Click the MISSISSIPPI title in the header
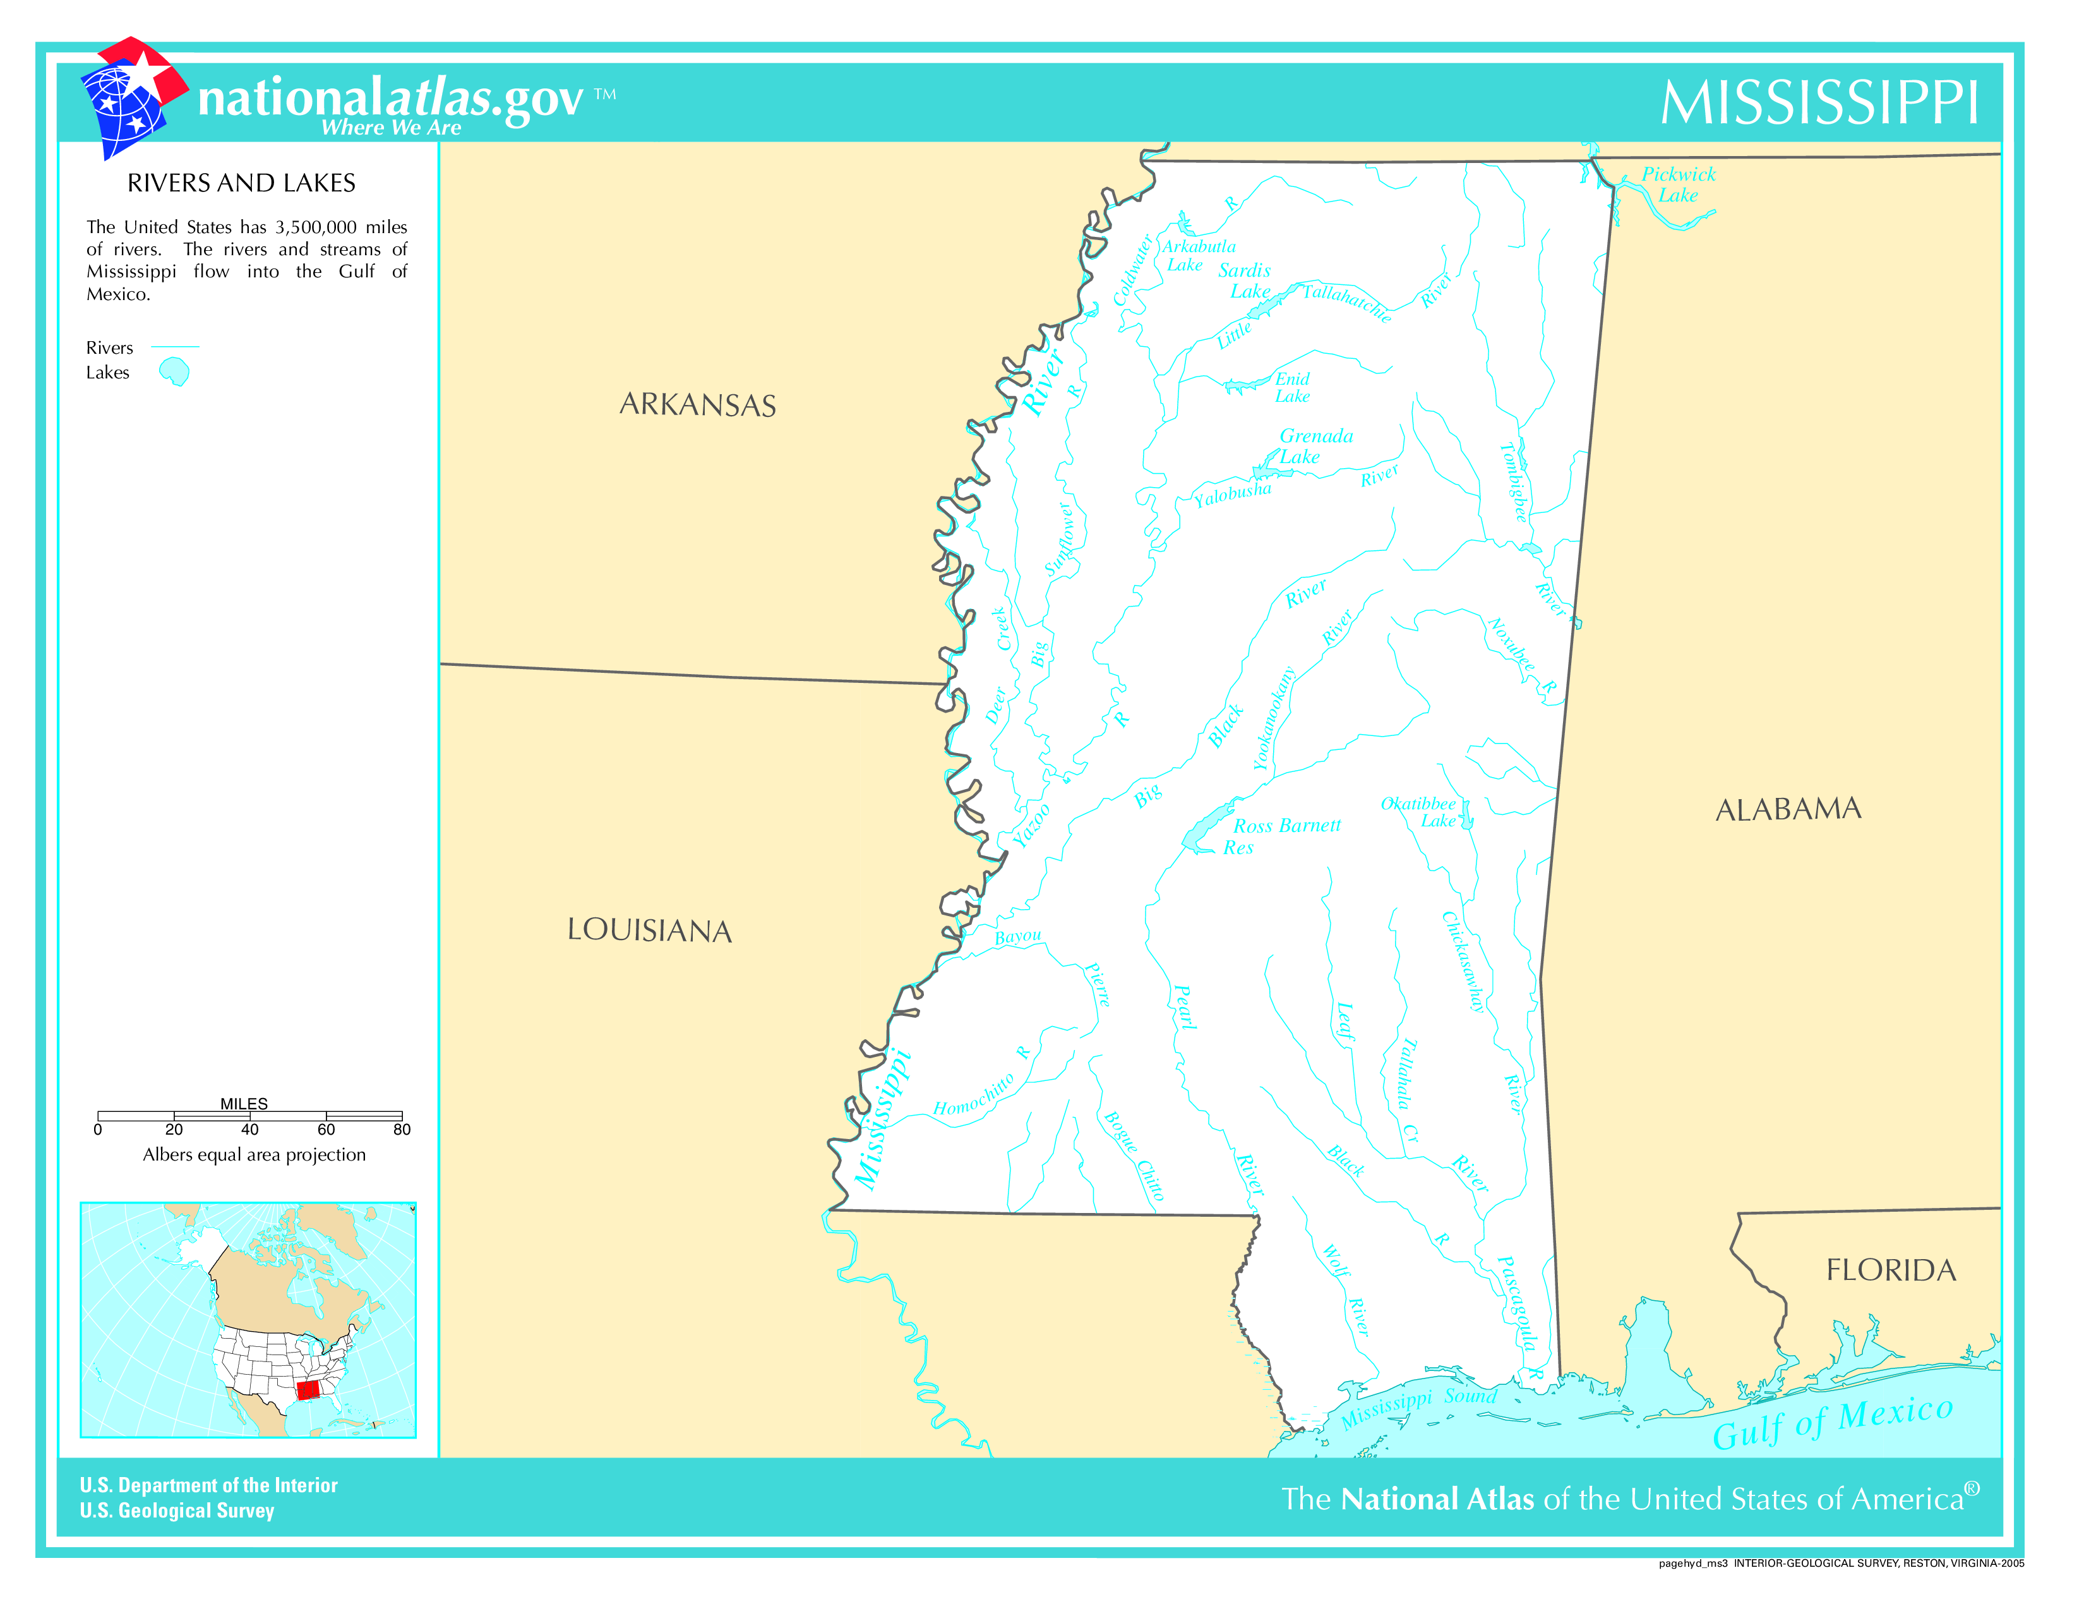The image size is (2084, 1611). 1819,102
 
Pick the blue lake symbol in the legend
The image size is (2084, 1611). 175,372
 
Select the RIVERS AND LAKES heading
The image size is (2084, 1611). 241,183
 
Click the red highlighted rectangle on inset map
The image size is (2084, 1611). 308,1391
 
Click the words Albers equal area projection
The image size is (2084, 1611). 254,1155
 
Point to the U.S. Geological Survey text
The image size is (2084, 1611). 177,1511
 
